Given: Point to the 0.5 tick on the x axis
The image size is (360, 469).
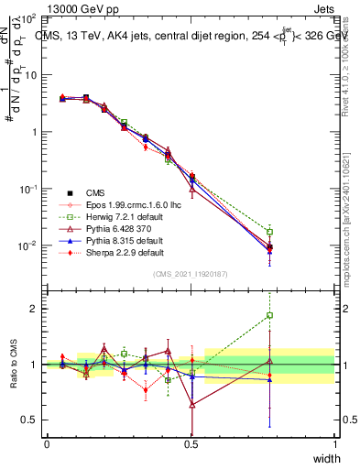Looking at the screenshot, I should (x=191, y=443).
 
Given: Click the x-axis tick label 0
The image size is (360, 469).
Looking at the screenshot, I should (x=47, y=443).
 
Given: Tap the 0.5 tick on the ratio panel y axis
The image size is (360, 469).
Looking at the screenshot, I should (x=30, y=420).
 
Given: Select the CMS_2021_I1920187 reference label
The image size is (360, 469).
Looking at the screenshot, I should (x=191, y=275).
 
